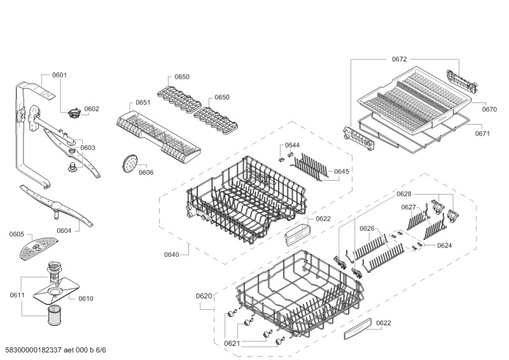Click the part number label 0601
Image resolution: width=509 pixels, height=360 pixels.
click(59, 75)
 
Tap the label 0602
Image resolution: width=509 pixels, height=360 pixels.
click(92, 109)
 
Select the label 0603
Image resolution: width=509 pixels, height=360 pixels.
click(88, 148)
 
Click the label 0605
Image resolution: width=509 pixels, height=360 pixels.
click(17, 235)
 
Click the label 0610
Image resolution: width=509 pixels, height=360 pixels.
click(85, 298)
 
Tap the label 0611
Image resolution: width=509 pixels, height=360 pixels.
click(17, 294)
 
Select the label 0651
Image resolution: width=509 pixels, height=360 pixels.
click(143, 102)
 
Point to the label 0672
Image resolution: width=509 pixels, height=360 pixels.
click(399, 59)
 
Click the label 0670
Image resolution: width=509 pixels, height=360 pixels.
click(489, 109)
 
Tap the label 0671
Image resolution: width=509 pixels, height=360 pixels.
click(483, 134)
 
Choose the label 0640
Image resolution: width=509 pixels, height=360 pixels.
click(172, 254)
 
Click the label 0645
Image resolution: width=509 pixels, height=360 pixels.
click(342, 171)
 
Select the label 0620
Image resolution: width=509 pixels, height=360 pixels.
click(204, 296)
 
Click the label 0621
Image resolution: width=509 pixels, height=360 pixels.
click(232, 343)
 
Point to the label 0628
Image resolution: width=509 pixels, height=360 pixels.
click(404, 193)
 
